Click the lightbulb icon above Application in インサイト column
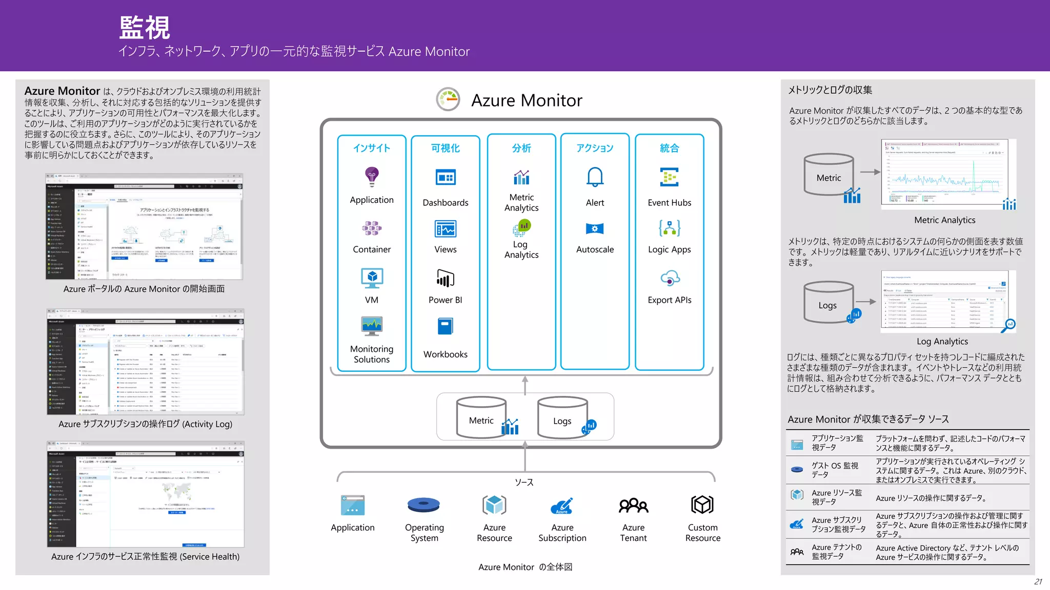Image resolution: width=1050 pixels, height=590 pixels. (372, 177)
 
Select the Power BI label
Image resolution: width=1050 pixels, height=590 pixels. (445, 300)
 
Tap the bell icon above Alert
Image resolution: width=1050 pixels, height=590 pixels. (595, 177)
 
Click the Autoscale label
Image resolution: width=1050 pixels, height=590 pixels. (595, 249)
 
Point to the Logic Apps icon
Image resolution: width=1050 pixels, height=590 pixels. (670, 228)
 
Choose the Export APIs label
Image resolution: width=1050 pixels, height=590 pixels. (669, 300)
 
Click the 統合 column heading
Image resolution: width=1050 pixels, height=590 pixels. (669, 148)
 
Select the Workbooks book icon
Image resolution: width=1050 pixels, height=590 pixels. (445, 326)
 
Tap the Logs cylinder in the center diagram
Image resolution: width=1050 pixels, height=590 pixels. (562, 418)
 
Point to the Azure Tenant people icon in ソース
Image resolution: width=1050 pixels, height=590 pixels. (633, 505)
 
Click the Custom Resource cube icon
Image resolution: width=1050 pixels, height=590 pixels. (702, 505)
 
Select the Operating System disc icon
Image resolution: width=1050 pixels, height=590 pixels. (423, 505)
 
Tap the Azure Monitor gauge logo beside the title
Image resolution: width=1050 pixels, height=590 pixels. (448, 99)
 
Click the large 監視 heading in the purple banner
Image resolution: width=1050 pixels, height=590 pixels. (145, 28)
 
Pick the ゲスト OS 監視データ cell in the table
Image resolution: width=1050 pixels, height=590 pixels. (834, 470)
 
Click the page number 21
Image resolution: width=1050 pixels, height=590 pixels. (1038, 581)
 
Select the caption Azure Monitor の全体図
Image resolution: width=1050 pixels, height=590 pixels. (525, 567)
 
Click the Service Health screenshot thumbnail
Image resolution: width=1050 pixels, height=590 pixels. (145, 494)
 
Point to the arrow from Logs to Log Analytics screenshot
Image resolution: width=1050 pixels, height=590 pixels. (866, 302)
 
